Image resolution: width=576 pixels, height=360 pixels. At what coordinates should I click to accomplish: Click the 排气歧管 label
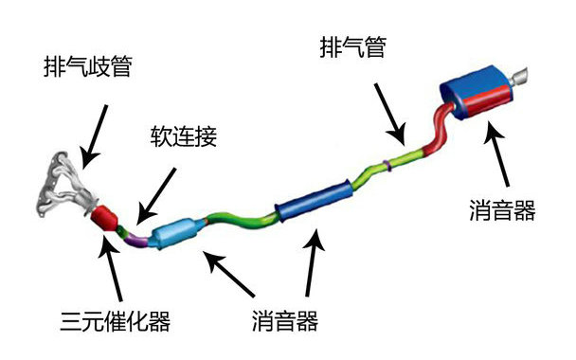[x=87, y=67]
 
